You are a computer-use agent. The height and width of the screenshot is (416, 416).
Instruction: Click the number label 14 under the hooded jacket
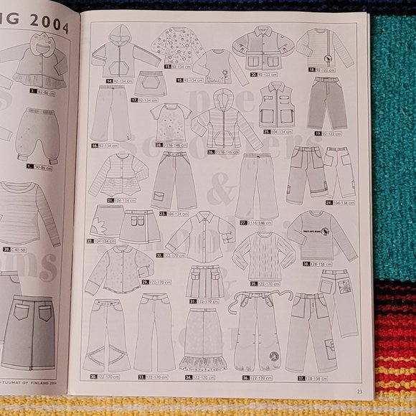109,81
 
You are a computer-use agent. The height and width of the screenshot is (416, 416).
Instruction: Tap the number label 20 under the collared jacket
254,74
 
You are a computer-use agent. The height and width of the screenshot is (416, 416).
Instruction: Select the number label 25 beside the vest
266,132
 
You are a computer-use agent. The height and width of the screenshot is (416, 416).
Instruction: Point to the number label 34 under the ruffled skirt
189,376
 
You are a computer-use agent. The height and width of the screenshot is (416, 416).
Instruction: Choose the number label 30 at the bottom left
93,376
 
